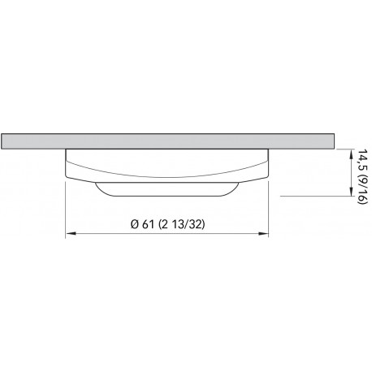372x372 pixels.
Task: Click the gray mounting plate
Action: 162,139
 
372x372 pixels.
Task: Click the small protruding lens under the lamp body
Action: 167,190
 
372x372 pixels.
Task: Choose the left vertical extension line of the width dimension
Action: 66,203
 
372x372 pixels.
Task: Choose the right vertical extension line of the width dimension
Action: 269,203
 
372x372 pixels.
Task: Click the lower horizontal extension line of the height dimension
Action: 309,196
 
